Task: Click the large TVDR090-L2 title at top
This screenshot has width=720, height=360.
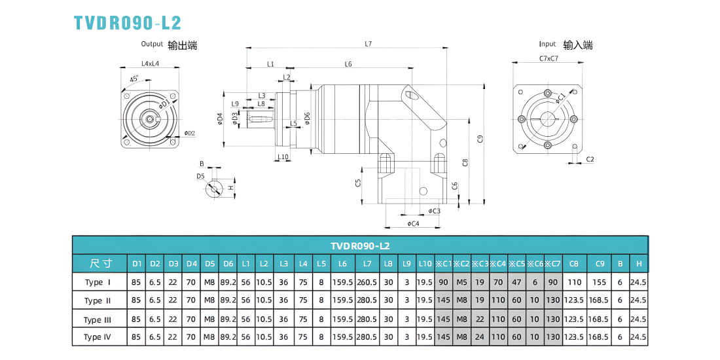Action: coord(128,22)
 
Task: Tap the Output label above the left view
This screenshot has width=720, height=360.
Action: coord(152,44)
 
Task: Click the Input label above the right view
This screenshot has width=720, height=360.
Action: coord(547,44)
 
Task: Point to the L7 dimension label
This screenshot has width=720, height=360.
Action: coord(368,44)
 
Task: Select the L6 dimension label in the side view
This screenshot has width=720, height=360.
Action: coord(348,64)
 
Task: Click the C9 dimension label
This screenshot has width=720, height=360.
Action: coord(479,138)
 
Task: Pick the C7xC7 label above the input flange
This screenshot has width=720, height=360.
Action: coord(549,58)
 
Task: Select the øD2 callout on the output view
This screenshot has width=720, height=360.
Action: coord(190,133)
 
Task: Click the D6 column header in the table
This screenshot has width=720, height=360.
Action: coord(228,264)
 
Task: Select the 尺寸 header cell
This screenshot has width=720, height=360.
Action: coord(99,263)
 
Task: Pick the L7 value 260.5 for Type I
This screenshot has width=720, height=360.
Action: coord(367,282)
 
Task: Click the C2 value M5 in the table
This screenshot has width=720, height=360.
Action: coord(461,282)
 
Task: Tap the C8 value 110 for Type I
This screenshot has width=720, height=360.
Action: coord(573,282)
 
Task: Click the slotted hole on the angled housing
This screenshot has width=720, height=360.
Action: coord(412,95)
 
